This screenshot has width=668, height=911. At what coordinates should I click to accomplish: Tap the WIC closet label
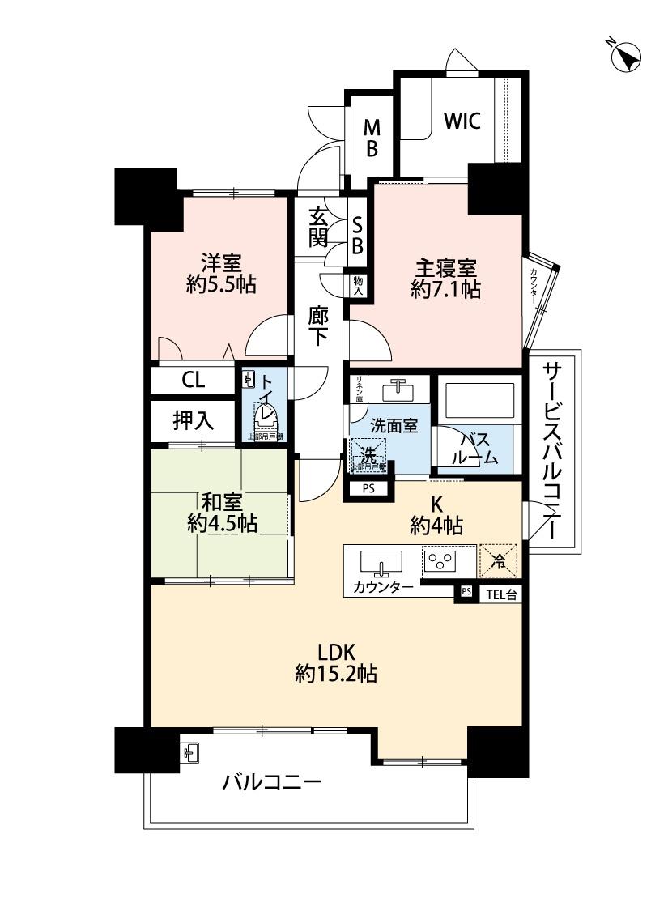tap(462, 121)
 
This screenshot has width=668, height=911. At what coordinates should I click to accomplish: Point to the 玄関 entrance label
tap(319, 228)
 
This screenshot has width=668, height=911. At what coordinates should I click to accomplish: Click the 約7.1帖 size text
tap(445, 289)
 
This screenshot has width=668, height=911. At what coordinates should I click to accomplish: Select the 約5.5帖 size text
tap(221, 283)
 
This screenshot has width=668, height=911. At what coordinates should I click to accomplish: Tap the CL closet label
tap(193, 379)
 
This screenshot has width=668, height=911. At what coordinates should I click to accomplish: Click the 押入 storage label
tap(193, 420)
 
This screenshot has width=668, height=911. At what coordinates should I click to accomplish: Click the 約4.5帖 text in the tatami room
tap(222, 524)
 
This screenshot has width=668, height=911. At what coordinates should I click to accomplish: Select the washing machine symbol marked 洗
tap(368, 454)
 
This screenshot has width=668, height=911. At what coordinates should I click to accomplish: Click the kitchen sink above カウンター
tap(380, 561)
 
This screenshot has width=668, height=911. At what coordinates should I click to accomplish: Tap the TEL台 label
tap(501, 595)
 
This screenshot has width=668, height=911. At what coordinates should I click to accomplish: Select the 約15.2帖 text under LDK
tap(336, 674)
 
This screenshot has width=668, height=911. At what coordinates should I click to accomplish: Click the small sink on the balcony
tap(189, 754)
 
